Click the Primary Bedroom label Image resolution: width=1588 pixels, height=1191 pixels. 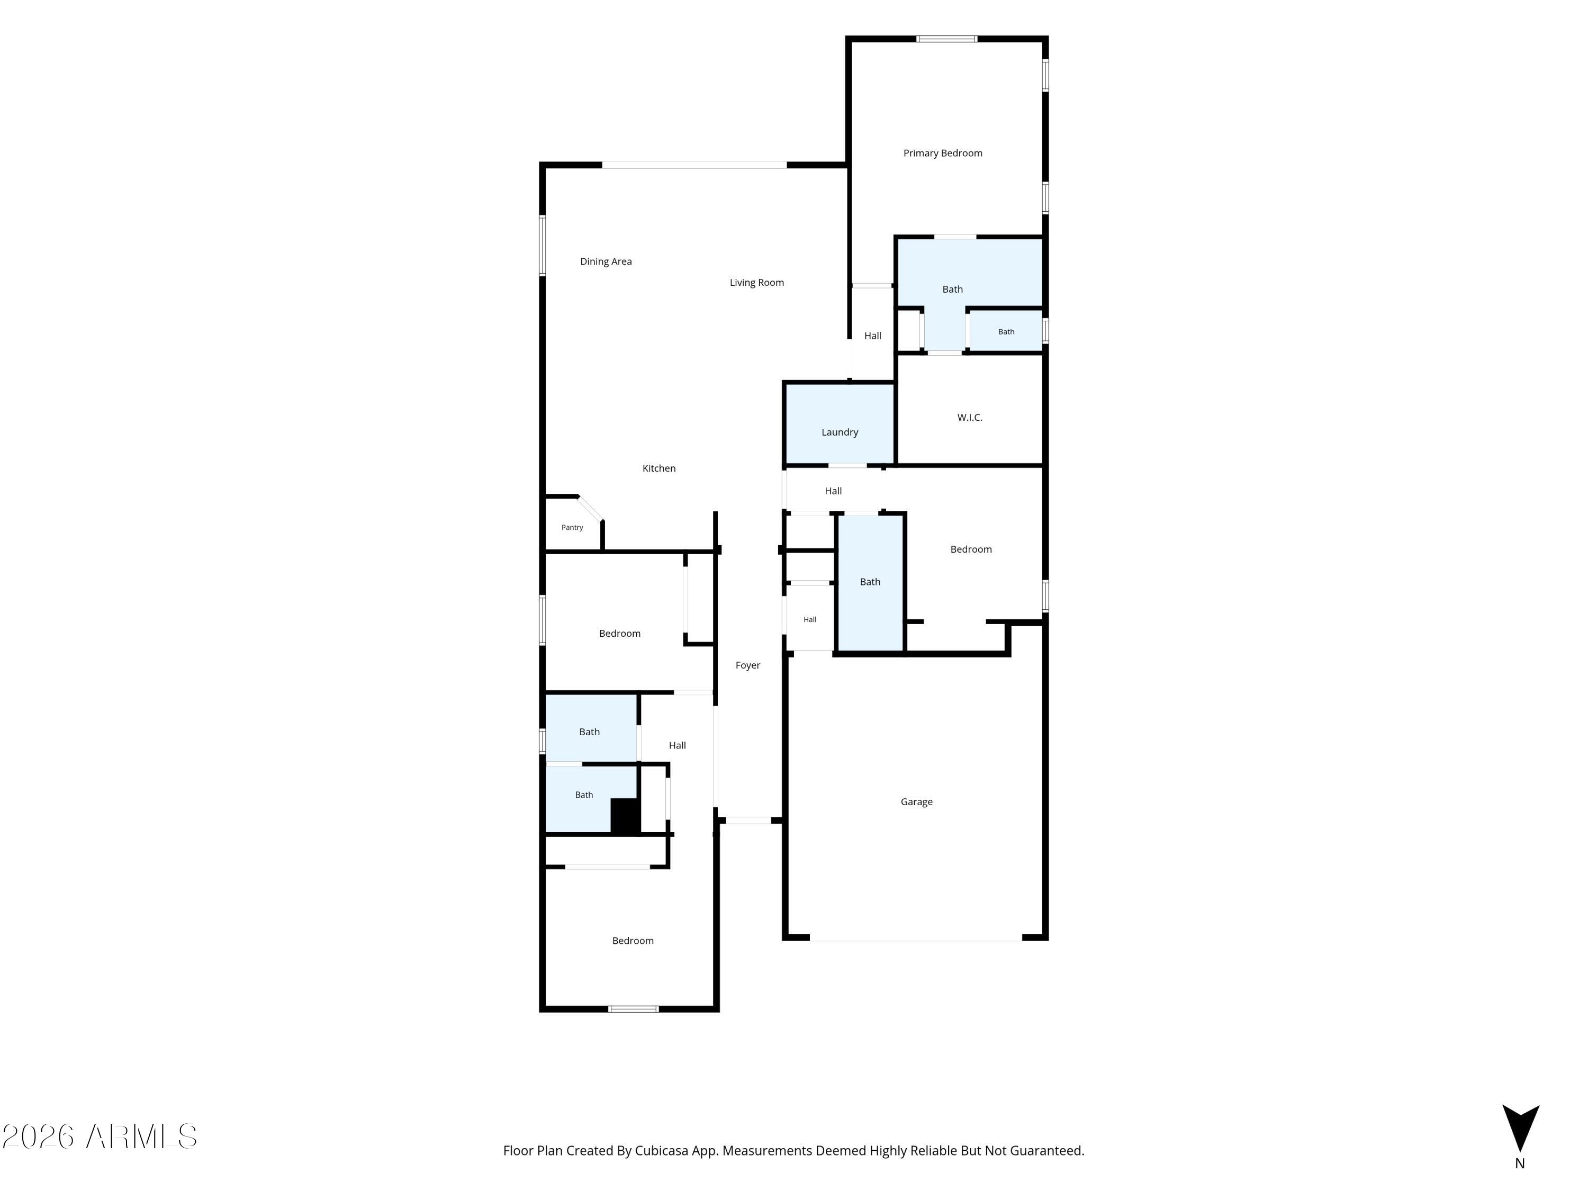943,153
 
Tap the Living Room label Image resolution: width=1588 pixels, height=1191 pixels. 756,283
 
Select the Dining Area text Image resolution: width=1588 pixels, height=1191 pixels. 606,261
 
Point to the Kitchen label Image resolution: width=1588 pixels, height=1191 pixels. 659,468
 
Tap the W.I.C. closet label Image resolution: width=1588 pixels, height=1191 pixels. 970,417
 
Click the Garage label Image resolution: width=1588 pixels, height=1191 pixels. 917,802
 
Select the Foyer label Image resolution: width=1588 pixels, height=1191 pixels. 748,665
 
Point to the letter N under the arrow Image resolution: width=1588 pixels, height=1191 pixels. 1520,1163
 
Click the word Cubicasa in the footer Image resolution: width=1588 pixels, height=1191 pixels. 661,1151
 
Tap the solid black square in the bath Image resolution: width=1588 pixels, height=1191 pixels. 625,816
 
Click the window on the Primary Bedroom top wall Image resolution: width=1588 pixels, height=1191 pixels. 947,39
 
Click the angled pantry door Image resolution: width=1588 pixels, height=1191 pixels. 591,508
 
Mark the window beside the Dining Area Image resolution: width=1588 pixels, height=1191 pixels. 543,246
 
